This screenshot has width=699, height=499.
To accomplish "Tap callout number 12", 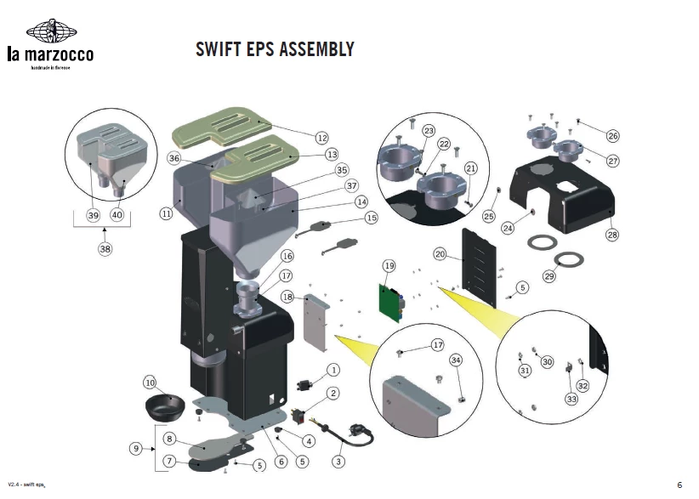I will click(x=321, y=137).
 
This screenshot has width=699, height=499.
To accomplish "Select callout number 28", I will click(x=611, y=235).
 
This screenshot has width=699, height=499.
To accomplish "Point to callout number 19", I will click(x=389, y=266).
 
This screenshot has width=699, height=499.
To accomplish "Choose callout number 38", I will click(x=105, y=250).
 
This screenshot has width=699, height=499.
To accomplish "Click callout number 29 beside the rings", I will click(x=548, y=277).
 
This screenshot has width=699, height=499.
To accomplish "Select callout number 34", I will click(x=456, y=360).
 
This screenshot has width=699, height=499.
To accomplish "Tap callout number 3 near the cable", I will click(x=338, y=462).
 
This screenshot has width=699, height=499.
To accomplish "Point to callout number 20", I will click(x=440, y=254).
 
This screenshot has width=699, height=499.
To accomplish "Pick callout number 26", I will click(x=613, y=135).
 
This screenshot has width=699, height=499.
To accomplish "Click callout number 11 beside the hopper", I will click(x=166, y=214).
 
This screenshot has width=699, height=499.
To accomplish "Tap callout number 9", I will click(x=135, y=448).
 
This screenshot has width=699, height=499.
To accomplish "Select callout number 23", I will click(x=429, y=130).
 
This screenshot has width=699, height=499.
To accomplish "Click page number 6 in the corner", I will click(x=679, y=485).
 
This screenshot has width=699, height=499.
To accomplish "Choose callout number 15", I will click(x=371, y=218).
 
